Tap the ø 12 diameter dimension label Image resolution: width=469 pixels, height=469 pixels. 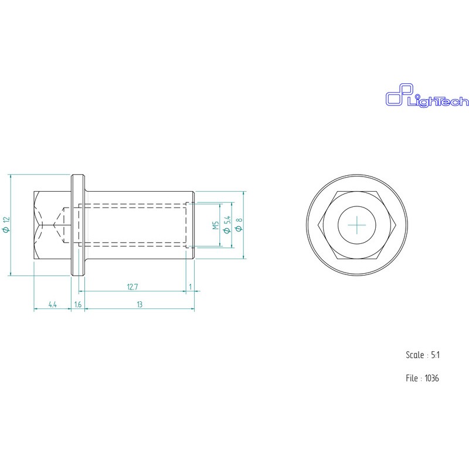coord(6,225)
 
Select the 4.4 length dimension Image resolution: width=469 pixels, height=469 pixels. coord(52,304)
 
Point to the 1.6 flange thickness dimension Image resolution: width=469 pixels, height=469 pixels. coord(78,304)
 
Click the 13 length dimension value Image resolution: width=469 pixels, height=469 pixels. coord(139,304)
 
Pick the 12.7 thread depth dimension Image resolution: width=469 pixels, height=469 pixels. coord(132,287)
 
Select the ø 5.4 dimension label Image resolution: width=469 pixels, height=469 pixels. coord(227,225)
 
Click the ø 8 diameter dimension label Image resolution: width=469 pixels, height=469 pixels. coord(239,225)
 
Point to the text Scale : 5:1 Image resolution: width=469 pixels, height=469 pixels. coord(423,355)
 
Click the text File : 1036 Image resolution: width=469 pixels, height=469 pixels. coord(422,378)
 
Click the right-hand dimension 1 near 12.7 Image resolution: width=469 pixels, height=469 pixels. coord(191,287)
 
